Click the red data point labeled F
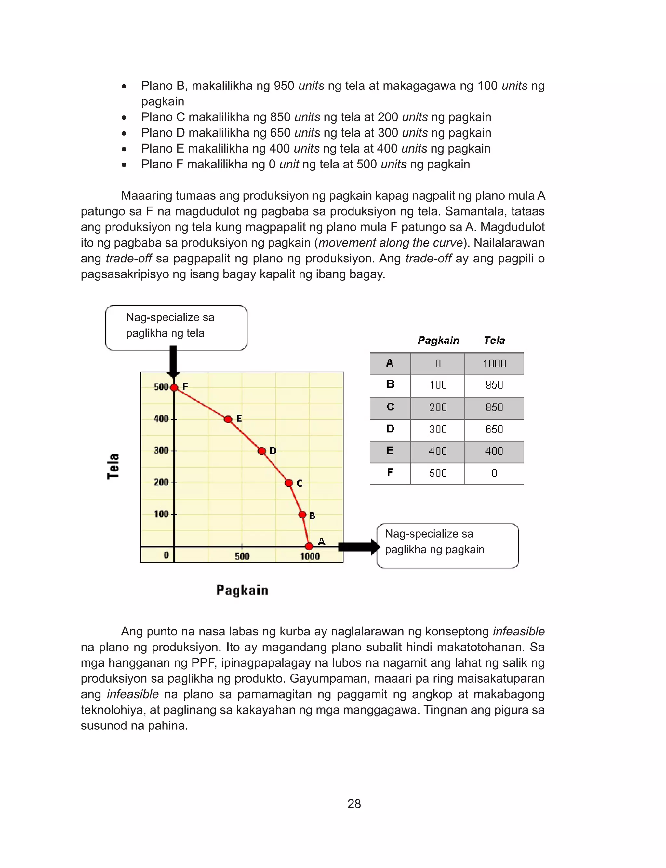click(174, 387)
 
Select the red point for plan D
click(262, 451)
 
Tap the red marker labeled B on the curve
click(302, 514)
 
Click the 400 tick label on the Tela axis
click(161, 419)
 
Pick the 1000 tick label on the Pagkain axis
click(310, 556)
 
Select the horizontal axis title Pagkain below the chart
click(242, 590)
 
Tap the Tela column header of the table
click(494, 341)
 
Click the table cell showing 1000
click(494, 364)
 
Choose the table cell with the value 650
click(494, 429)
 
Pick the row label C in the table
click(390, 407)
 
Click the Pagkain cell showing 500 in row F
click(438, 473)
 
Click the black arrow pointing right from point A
click(359, 547)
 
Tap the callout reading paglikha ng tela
click(176, 327)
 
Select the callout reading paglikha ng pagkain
click(447, 545)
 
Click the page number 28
click(354, 803)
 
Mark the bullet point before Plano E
click(124, 149)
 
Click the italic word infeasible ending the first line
click(519, 631)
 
